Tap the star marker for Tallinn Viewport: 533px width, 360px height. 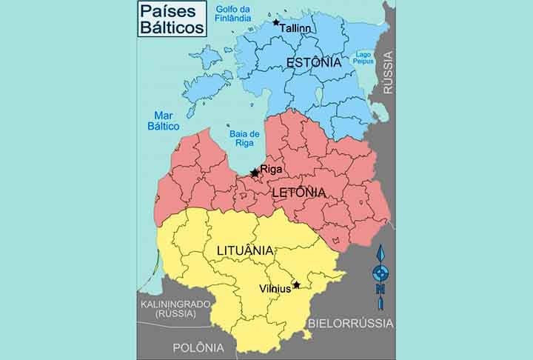[x=276, y=23]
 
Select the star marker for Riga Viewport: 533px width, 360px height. [x=255, y=173]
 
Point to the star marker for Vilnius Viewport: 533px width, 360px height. [x=296, y=284]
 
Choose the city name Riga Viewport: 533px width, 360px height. [x=272, y=170]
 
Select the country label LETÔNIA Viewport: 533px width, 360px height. [x=299, y=193]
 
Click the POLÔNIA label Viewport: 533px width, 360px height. [x=198, y=347]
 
